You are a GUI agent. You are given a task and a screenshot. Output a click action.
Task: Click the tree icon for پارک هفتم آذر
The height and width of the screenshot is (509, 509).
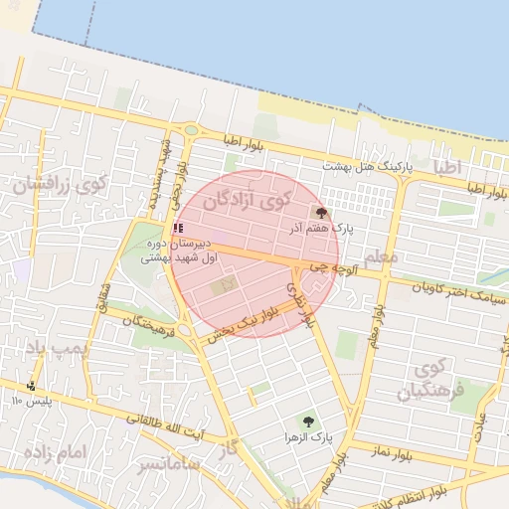[321, 212]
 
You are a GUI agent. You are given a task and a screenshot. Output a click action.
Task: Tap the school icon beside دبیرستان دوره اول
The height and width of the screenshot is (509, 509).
[178, 228]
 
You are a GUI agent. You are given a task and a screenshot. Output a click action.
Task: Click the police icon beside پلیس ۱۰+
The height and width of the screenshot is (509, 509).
[32, 386]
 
